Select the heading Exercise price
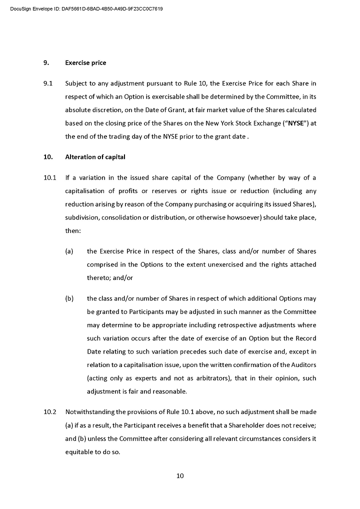(85, 63)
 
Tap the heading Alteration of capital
(95, 157)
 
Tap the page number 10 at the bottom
(180, 475)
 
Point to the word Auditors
(302, 365)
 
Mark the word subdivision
(83, 218)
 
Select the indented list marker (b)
(69, 298)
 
